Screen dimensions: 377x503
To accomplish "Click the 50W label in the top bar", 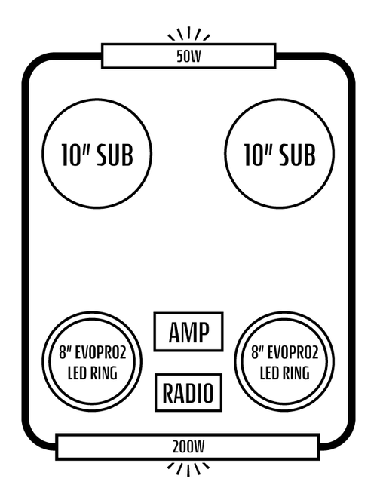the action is point(188,56).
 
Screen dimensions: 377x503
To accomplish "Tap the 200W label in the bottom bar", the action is point(188,446).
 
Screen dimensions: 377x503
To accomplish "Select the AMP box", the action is point(188,332).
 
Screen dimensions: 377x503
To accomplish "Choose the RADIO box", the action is point(188,392).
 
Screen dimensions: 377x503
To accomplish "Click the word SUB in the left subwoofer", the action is point(115,155).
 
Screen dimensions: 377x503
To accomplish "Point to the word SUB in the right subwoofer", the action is point(297,155).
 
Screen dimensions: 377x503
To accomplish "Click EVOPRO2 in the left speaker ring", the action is point(100,353).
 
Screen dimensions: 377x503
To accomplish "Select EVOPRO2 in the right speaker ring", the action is point(293,353).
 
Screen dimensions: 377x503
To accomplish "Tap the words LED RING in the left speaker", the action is point(93,373).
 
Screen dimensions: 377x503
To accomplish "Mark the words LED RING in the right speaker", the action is point(285,373).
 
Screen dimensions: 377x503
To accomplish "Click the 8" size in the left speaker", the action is point(65,353).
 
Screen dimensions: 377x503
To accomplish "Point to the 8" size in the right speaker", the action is point(258,353).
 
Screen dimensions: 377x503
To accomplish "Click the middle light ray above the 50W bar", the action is point(188,33).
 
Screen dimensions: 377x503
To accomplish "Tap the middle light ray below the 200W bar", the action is point(188,470).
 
